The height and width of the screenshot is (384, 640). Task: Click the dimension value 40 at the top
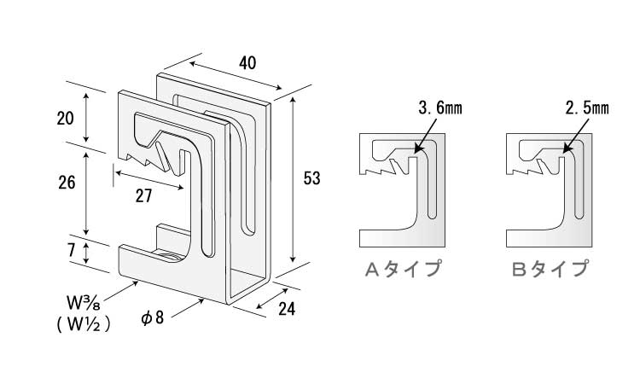click(x=247, y=63)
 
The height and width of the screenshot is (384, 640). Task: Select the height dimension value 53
click(x=311, y=178)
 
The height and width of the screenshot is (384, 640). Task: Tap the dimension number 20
click(x=66, y=119)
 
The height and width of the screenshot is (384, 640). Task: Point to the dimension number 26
click(x=67, y=183)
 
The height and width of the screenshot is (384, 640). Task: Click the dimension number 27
click(x=143, y=196)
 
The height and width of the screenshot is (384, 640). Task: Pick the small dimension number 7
click(x=71, y=250)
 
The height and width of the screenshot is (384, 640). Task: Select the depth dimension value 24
click(x=287, y=309)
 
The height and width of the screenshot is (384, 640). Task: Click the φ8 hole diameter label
click(x=153, y=317)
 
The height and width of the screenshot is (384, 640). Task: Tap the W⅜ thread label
click(x=84, y=303)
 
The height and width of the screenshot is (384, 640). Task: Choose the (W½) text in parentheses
click(x=84, y=324)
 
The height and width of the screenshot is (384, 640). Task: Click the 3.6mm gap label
click(x=440, y=108)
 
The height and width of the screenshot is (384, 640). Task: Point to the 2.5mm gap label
click(x=587, y=108)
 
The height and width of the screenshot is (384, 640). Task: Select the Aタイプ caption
click(x=404, y=269)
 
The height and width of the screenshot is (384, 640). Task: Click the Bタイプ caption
click(x=550, y=269)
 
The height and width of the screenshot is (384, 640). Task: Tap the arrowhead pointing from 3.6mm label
click(x=416, y=150)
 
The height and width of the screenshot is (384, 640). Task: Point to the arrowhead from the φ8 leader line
click(x=201, y=301)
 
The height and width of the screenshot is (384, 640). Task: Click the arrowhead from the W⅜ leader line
click(x=135, y=282)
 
